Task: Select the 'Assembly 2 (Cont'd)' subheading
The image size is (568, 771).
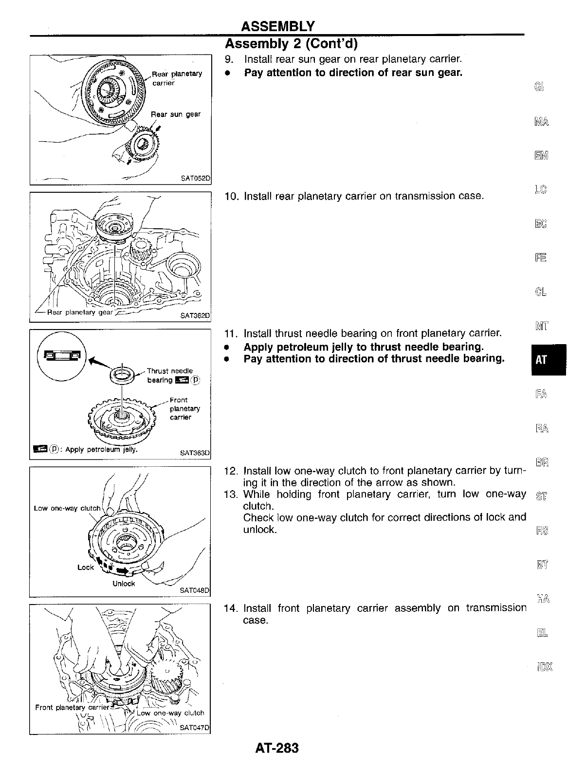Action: (x=291, y=44)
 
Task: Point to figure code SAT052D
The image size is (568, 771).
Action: (x=194, y=178)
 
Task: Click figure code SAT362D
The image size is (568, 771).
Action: (x=194, y=315)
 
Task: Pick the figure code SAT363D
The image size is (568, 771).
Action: (x=194, y=453)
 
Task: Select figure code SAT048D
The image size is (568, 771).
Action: (x=194, y=590)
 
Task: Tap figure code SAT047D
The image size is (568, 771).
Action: (x=194, y=728)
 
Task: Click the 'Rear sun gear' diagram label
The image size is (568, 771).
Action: (x=175, y=114)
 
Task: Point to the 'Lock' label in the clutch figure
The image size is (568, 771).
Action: (x=85, y=568)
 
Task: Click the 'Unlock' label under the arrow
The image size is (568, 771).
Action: (x=124, y=584)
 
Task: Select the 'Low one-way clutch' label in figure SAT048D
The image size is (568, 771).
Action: (x=67, y=508)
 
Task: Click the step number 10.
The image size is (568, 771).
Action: (x=230, y=196)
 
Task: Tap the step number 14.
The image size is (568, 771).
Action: (x=230, y=608)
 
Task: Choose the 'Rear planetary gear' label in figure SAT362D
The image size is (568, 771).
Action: (x=80, y=312)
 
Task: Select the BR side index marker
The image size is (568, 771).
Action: (x=542, y=461)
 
